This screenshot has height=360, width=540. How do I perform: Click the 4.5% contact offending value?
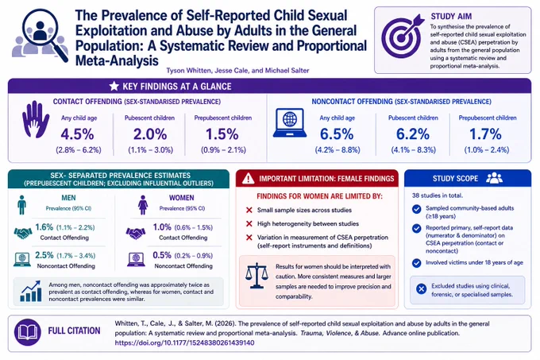[78, 134]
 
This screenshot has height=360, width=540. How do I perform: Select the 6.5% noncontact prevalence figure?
[337, 134]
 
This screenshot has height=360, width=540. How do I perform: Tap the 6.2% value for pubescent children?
[413, 134]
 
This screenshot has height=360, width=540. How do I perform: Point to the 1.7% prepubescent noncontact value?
[485, 134]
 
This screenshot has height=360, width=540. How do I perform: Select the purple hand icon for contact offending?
[36, 119]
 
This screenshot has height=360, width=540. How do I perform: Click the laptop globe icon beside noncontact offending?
[290, 123]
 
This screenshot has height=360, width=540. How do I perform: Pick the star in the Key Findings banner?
[114, 86]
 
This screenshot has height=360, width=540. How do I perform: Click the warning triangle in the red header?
[248, 179]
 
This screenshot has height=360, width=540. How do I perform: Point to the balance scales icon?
[256, 276]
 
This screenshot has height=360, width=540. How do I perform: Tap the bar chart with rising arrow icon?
[31, 291]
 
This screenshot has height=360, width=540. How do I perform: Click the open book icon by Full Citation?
[28, 332]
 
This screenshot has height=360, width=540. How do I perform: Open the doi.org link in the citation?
[184, 343]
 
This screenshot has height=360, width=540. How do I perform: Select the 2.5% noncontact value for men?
[44, 255]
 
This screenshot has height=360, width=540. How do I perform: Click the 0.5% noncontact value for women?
[162, 255]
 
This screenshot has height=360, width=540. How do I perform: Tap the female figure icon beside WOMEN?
[143, 205]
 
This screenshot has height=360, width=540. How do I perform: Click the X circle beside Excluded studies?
[421, 288]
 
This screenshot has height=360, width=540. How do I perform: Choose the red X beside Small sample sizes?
[249, 210]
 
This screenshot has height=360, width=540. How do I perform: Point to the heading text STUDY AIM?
[451, 16]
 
